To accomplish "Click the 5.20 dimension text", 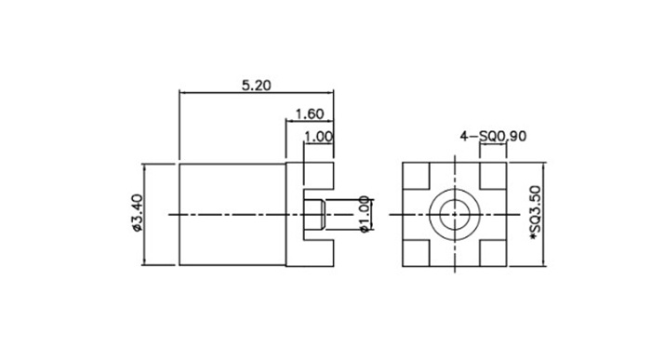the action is tap(256, 86).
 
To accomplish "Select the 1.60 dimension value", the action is tap(310, 113).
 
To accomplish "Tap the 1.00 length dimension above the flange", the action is tap(318, 137).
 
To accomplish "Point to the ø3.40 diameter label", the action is tap(137, 213).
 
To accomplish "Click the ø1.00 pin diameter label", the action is tap(364, 214).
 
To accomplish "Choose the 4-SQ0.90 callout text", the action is tap(493, 136).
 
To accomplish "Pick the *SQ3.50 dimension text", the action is tap(536, 213).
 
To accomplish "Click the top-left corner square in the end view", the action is tap(416, 176).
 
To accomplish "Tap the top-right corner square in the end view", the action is tap(493, 176).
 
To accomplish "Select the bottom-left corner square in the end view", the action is tap(416, 253).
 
